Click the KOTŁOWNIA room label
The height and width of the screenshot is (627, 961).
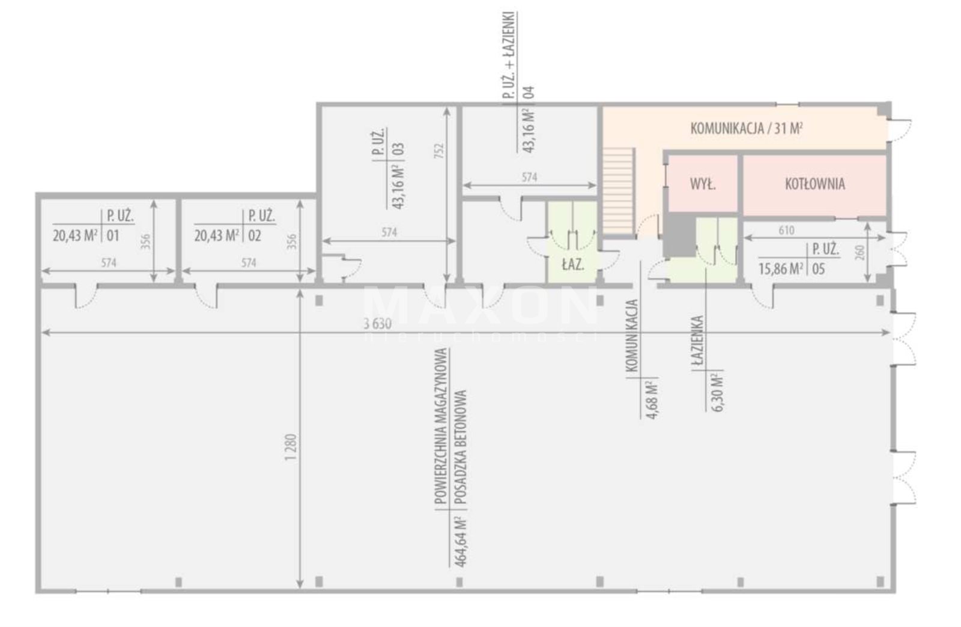(814, 184)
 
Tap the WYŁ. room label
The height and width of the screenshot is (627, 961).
(703, 184)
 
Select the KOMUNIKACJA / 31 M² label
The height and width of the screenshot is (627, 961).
(747, 129)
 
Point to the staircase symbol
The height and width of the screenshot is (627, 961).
(618, 190)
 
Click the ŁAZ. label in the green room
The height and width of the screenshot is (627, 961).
(573, 264)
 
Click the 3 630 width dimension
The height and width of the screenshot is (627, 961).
(378, 324)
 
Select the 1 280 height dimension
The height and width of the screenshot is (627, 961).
(291, 448)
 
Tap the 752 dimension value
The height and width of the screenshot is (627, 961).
(438, 151)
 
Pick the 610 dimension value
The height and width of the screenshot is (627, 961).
(786, 230)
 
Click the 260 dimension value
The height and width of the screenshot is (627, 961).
(859, 253)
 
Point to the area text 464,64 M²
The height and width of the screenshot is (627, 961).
(460, 543)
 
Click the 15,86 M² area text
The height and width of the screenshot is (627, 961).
(781, 269)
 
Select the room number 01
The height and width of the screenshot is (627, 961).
(113, 235)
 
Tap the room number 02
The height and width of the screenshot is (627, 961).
(255, 235)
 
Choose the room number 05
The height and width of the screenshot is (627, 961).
(819, 269)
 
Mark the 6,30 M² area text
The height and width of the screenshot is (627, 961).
(717, 392)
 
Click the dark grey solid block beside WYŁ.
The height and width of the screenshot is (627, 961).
(679, 235)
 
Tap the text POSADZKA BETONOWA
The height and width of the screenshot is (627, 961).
(460, 447)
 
